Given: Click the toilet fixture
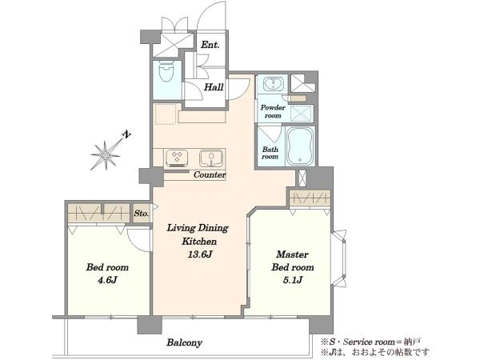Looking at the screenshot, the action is coord(167,71).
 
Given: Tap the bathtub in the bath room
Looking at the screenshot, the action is coord(300,146).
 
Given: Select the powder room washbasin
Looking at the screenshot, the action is coord(274,83).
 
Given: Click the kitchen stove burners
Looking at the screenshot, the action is coord(177,158).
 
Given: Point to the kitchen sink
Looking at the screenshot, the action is coord(211,158).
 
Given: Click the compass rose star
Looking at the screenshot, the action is coord(106,155).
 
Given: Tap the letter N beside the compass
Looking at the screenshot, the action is coord(126,134).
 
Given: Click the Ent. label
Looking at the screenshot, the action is coord(210,45).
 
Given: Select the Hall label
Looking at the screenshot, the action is coord(214,87).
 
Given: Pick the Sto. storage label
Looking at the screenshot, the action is coord(142,213).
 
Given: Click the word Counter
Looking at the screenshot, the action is coord(210,174).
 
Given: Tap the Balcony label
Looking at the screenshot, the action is coord(184,342).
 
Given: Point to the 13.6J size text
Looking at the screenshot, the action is coord(200,254).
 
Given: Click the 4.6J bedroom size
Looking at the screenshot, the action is coord(107,280).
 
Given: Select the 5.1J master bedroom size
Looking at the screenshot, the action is coord(293,280).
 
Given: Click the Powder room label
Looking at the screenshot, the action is coord(273,111).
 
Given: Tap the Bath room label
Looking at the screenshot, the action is coord(270,153).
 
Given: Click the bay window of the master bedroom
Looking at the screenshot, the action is coord(339,258).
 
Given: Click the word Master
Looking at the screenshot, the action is coord(292,254).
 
